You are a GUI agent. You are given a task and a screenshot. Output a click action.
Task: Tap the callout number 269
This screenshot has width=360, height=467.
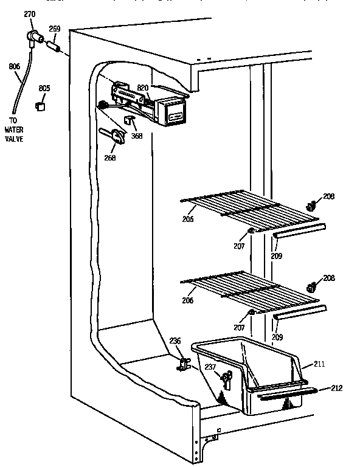(55, 28)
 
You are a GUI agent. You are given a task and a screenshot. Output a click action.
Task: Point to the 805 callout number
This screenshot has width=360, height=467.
(44, 88)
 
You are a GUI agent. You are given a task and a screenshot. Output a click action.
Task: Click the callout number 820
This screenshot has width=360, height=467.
(143, 88)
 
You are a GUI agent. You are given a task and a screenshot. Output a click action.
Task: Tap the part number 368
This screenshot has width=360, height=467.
(137, 136)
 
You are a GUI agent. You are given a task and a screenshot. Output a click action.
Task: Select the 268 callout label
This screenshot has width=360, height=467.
(109, 159)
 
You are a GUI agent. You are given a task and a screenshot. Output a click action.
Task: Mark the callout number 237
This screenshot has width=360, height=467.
(210, 367)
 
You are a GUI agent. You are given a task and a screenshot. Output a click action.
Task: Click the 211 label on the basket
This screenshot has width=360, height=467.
(319, 364)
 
